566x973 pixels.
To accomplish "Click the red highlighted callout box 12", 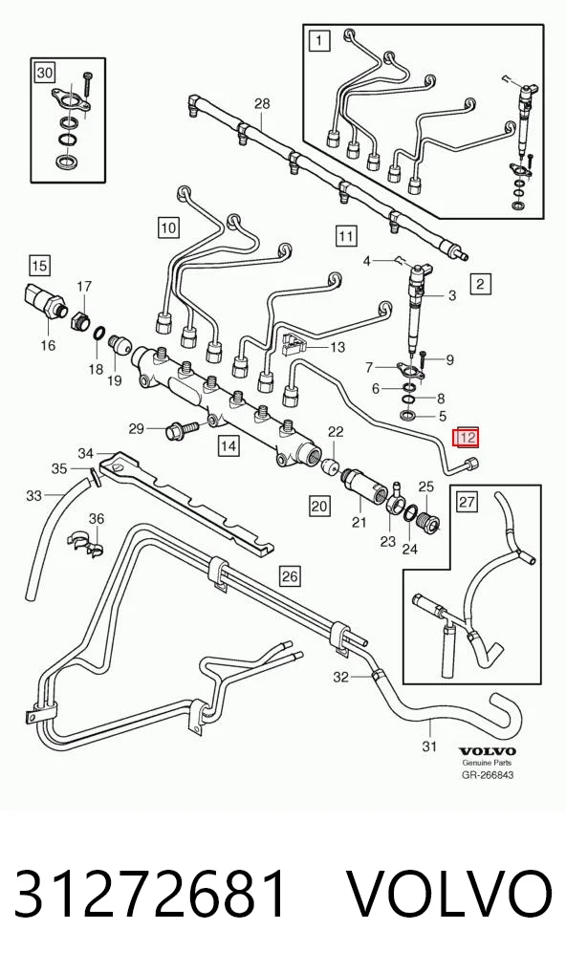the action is point(467,438).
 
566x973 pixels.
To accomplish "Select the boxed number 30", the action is point(45,73).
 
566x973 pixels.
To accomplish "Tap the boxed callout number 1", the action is point(318,41).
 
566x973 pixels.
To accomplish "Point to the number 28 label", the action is point(263,103).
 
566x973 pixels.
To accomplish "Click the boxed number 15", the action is point(39,267).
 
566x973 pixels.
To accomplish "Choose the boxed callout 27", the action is point(468,502).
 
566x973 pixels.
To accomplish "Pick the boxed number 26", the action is point(290,576).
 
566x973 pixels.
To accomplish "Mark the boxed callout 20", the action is point(319,507).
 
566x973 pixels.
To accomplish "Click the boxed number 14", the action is point(229,445).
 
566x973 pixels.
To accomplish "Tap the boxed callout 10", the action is point(169,227).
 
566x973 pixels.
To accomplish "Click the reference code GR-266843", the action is point(488,774).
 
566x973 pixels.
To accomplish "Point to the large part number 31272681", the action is point(151,895).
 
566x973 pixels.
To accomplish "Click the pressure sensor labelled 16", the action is point(44,300).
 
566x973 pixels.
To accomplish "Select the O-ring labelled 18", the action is point(98,335).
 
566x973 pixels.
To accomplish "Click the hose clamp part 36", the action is point(86,542).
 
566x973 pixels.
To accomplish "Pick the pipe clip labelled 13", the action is point(294,344).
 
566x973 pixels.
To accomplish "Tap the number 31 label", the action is point(429,746).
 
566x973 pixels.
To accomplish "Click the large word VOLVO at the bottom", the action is point(448,895).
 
